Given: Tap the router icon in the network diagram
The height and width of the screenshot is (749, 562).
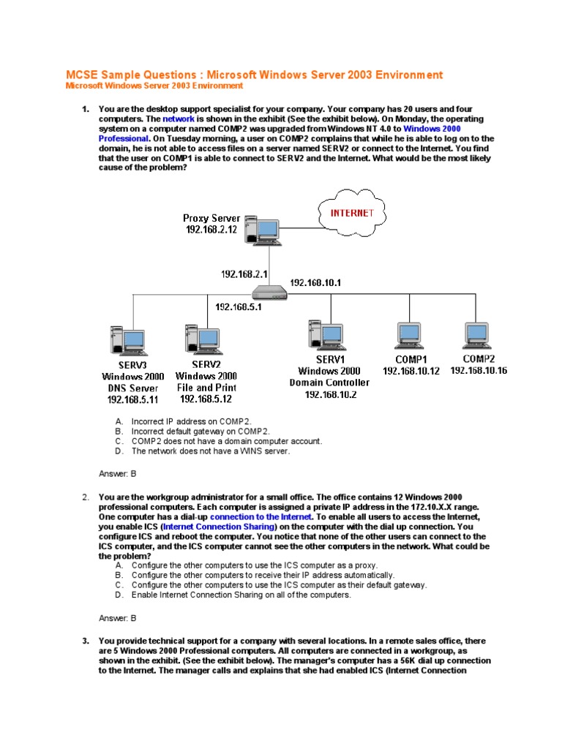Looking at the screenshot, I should (269, 294).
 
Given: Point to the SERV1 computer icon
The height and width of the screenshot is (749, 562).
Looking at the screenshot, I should (323, 334).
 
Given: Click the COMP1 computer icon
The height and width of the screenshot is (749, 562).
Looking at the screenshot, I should (408, 336).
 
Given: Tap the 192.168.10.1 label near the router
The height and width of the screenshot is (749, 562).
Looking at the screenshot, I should (316, 282).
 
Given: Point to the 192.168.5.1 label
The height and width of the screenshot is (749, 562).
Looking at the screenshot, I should (239, 307).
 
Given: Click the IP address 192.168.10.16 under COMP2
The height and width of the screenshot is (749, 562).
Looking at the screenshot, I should (479, 371).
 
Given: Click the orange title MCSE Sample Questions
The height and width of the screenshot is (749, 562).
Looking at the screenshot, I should (255, 75).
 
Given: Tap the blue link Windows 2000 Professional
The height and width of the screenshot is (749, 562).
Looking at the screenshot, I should (432, 128).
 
